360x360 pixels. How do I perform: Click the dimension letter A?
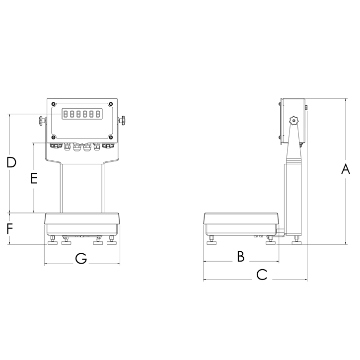coord(346,169)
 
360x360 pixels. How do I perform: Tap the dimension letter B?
coord(240,256)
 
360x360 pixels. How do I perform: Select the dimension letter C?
coord(262,274)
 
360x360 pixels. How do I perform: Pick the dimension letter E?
coord(33,178)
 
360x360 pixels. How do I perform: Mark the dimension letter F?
coord(9,229)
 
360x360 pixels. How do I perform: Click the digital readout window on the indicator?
coord(82,115)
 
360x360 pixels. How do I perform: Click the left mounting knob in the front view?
coord(40,120)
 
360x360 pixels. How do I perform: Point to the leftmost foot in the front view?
coord(51,241)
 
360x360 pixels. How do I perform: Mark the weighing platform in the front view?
coord(82,218)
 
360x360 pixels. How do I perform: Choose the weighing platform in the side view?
coord(242,218)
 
